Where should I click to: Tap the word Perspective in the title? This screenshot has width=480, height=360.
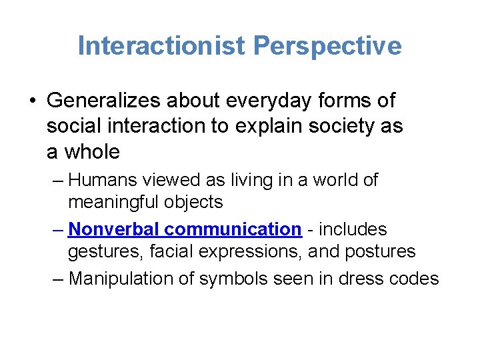(x=328, y=46)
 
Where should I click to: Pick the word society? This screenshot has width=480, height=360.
(x=341, y=126)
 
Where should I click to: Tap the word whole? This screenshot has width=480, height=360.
(x=92, y=151)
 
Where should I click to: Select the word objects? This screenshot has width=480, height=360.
(x=199, y=201)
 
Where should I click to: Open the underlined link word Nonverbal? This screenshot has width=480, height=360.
(x=114, y=229)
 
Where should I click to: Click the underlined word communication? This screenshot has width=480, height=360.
(x=233, y=229)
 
